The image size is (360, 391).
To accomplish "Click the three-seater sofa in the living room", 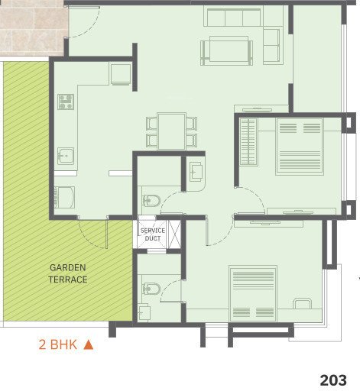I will tap(234, 17).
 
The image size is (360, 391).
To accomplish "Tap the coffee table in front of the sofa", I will tap(226, 51).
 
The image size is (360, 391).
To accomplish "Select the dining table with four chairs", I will tap(172, 130).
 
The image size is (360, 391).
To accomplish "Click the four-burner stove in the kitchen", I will tap(65, 102).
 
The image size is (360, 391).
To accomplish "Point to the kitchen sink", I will tap(65, 156).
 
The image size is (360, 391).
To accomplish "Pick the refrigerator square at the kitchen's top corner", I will tap(121, 74).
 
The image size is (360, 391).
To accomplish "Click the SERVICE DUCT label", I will tap(152, 234).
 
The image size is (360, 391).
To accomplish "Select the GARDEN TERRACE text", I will tap(69, 273).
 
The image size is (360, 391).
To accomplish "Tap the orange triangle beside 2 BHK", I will tap(88, 344).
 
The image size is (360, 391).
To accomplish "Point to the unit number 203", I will tap(334, 380).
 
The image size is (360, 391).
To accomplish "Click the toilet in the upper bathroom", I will tap(151, 202).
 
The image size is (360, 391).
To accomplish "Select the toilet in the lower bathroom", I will tap(151, 289).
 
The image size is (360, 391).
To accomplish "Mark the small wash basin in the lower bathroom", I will tap(144, 313).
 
